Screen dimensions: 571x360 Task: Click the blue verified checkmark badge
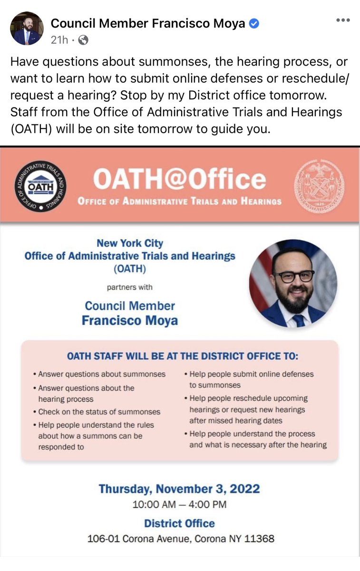(x=254, y=23)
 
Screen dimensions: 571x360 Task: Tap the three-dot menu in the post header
(x=343, y=20)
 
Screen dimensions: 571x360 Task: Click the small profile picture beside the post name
(x=27, y=29)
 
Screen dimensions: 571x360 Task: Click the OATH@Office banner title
(x=179, y=179)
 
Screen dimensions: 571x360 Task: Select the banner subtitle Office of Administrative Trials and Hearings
(x=179, y=201)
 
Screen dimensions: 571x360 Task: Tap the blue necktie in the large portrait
(x=298, y=320)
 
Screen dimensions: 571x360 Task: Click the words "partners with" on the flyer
(x=129, y=287)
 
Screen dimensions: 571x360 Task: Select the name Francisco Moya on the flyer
(x=129, y=320)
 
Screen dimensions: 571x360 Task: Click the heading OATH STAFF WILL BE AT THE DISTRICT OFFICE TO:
(x=183, y=356)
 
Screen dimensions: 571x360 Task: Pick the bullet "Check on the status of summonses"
(x=99, y=412)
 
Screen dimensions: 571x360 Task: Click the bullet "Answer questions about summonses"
(x=102, y=374)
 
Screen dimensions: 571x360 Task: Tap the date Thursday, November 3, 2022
(x=179, y=489)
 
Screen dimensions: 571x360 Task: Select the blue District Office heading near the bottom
(x=179, y=523)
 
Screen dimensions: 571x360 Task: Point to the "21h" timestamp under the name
(x=59, y=40)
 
